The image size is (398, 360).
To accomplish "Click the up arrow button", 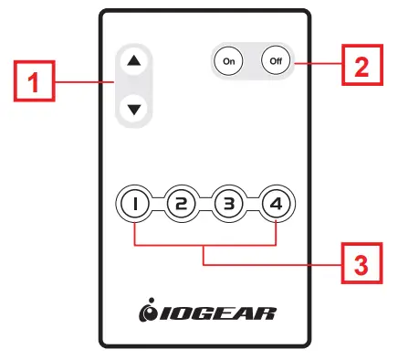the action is click(x=135, y=61).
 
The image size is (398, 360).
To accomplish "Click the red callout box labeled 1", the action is click(x=35, y=86).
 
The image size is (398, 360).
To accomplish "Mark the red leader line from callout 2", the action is click(x=318, y=62).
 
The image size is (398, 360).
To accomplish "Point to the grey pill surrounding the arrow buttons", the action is click(x=135, y=86).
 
